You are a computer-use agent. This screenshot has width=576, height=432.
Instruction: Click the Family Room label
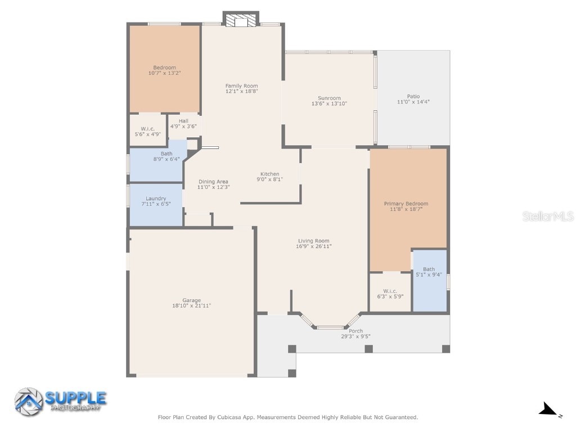coord(241,86)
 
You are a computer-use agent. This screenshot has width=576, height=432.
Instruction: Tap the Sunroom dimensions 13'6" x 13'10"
coord(329,103)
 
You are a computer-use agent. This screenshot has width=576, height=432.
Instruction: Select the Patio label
coord(413,96)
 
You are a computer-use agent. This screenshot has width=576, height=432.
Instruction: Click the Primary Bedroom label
coord(406,204)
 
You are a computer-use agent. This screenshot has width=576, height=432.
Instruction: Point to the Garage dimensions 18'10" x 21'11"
coord(191,306)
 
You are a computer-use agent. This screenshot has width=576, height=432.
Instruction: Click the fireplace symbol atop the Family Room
coord(241,20)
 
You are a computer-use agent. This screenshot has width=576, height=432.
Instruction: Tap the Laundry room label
coord(156,199)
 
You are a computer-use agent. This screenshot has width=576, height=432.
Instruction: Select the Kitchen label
coord(269,174)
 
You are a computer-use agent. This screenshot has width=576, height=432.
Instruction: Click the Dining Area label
coord(213,182)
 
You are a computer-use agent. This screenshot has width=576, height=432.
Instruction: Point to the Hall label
coord(183,121)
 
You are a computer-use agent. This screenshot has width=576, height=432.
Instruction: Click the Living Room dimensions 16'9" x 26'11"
coord(313,246)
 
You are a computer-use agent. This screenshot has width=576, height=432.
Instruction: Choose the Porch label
coord(355,331)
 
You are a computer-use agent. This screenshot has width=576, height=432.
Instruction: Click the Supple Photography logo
coord(60,400)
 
